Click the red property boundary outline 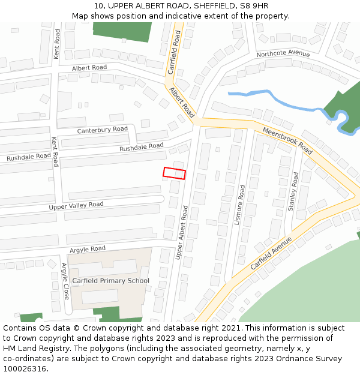(174, 173)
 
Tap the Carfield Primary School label (110, 281)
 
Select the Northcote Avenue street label (283, 54)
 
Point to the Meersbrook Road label (288, 140)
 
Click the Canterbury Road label (102, 130)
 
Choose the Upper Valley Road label (76, 205)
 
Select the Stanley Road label (293, 191)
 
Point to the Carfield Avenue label (271, 253)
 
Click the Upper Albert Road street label (182, 233)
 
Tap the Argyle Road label (88, 248)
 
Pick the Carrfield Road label (175, 53)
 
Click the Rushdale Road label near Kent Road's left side (29, 157)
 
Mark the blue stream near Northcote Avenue (282, 99)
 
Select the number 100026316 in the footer (25, 369)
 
